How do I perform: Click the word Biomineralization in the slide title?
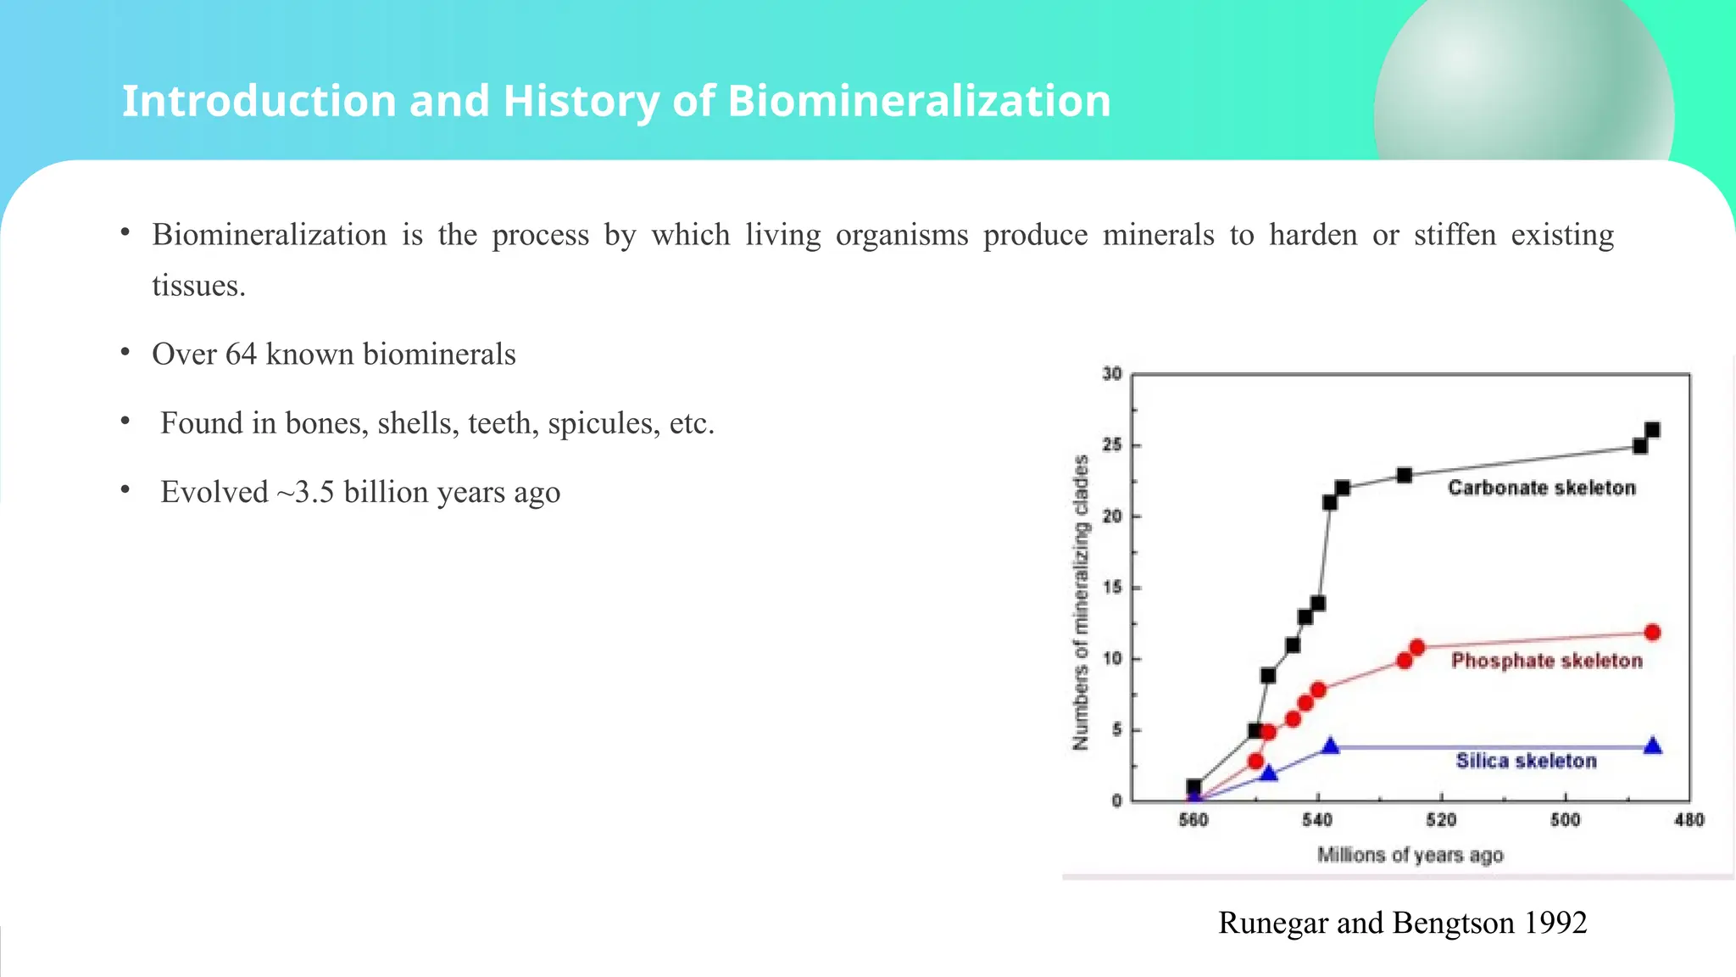919,101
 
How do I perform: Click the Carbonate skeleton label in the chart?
1541,488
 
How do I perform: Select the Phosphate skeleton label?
1546,661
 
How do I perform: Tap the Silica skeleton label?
1526,761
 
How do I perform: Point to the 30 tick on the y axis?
1112,374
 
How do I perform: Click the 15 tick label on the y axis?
1112,588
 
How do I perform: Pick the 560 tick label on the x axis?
1193,820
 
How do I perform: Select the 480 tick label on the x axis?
1689,820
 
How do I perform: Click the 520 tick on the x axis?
1441,820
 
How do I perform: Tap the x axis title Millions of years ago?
1410,855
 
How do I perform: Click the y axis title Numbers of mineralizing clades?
1080,602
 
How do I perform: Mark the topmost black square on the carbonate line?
1652,430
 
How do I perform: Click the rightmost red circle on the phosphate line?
1652,633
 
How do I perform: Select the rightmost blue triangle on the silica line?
1652,746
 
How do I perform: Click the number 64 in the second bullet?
241,355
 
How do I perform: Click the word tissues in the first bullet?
198,286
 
